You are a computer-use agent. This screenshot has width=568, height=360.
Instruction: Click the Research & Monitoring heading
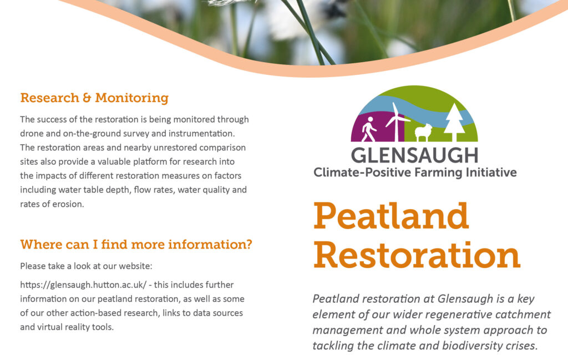coord(94,98)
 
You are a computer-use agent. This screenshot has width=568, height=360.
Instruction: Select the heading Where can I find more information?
coord(136,245)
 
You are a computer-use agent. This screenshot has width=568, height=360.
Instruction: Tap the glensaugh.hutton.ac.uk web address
coord(83,285)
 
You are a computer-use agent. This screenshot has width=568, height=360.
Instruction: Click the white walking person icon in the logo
coord(369,129)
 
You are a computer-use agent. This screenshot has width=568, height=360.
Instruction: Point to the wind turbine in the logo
coord(397,121)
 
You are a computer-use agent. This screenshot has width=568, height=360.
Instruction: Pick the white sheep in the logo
coord(423,132)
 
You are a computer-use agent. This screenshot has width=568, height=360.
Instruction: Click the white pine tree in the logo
coord(454,122)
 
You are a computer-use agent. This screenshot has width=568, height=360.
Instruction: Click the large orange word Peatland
coord(391,216)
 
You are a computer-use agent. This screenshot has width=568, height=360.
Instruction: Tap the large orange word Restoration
coord(417,255)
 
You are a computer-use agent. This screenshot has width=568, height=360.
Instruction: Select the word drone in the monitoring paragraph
coord(32,134)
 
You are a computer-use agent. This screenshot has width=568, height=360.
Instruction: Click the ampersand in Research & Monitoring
coord(87,98)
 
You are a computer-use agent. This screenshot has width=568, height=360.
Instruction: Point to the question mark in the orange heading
coord(248,244)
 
